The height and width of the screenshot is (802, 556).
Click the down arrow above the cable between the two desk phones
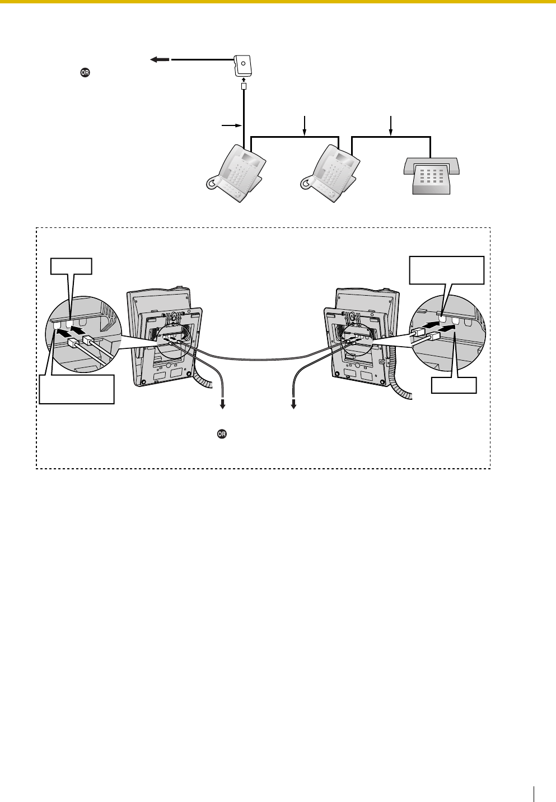tap(304, 125)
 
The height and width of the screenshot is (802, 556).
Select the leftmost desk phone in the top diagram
tap(238, 171)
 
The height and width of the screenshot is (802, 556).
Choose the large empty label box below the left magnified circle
tap(77, 389)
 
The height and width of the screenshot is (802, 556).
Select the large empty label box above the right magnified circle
tap(447, 271)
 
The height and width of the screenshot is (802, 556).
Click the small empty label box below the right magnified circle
tap(454, 385)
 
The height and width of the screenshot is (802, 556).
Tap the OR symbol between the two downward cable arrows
tap(222, 434)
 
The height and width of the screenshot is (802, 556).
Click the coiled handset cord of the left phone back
tap(204, 381)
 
